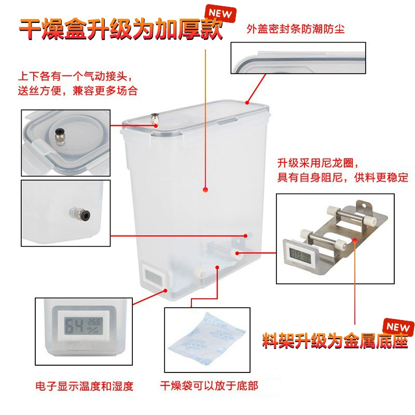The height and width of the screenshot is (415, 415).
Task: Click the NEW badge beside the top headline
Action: click(220, 13)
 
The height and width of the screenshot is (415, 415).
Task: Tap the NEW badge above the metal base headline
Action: click(398, 327)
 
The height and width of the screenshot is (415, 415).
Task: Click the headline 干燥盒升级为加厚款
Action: click(121, 29)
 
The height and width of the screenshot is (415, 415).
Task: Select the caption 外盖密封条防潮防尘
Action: click(296, 29)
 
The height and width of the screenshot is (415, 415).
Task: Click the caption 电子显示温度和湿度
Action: click(85, 386)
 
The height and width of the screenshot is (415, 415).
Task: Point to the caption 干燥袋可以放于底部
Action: click(209, 386)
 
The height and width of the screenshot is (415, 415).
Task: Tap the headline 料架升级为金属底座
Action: click(335, 341)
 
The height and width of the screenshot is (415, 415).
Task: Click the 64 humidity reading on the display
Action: click(74, 326)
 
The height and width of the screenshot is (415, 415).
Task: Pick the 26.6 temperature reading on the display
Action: click(94, 322)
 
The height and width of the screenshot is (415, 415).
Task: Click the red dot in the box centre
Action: click(205, 189)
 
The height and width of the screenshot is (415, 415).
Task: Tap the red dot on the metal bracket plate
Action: click(355, 240)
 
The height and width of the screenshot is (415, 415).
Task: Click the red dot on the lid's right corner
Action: click(247, 102)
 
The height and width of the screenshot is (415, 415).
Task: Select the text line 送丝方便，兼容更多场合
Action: click(78, 91)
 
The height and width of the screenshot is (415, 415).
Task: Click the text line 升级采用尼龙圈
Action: click(318, 163)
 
